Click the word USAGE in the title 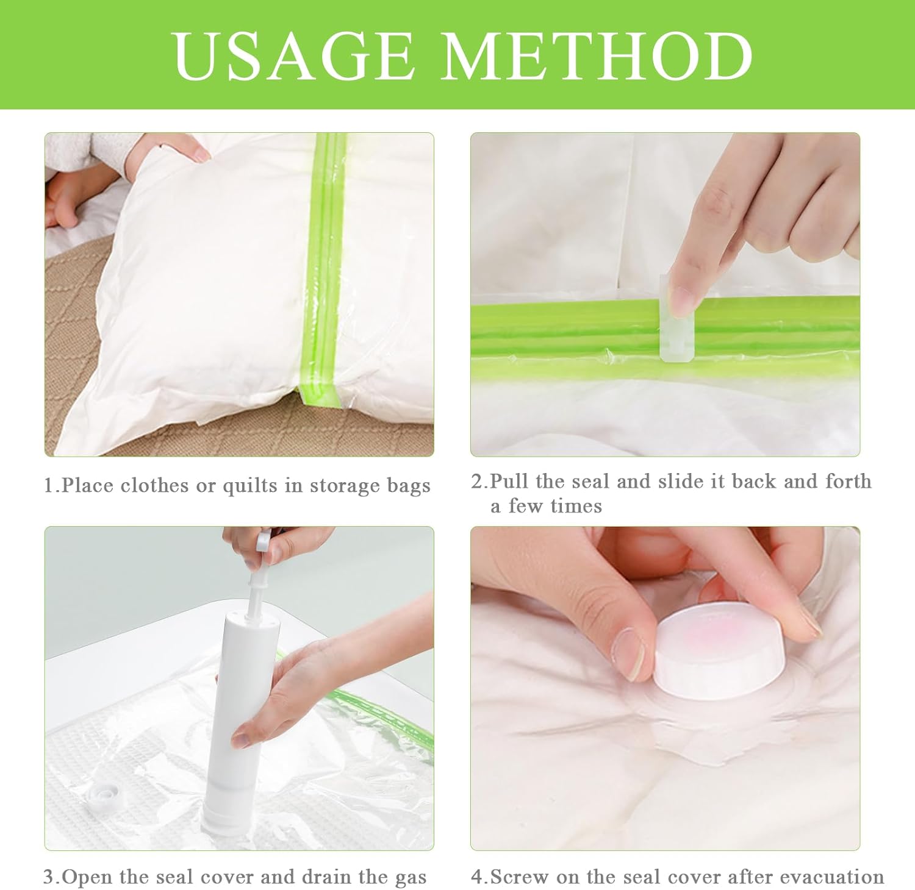[293, 55]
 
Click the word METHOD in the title [597, 55]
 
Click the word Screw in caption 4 [518, 878]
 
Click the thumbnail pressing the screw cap [630, 655]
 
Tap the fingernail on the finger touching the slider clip [681, 299]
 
